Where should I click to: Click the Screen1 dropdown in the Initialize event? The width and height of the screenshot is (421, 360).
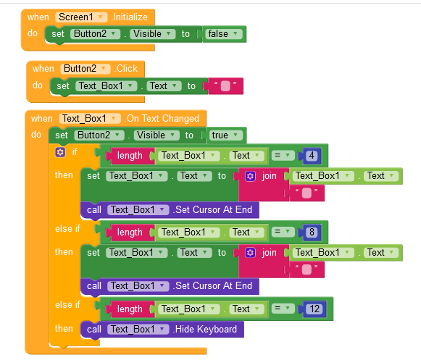(81, 17)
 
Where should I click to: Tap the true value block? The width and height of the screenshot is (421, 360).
(225, 135)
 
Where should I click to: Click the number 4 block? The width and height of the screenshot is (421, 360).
(312, 156)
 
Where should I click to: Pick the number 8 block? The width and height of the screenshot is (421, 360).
(312, 233)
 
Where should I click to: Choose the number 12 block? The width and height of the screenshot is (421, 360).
(314, 309)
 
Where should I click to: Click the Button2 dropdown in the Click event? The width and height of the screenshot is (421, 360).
(86, 69)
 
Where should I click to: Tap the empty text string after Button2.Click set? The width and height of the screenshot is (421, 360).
(225, 86)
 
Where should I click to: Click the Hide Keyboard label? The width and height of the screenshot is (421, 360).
(206, 329)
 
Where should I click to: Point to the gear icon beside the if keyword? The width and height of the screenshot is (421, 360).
(60, 153)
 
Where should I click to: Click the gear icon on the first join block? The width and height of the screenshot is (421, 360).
(250, 176)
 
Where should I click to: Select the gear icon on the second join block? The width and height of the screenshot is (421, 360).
(250, 253)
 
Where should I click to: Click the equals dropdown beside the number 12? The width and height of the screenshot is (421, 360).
(283, 309)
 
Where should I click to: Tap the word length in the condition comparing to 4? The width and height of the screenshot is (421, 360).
(130, 156)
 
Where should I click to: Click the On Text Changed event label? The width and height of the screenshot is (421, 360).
(163, 118)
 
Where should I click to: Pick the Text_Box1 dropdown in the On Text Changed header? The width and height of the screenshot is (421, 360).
(90, 118)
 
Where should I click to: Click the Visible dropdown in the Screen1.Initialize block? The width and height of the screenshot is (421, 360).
(153, 34)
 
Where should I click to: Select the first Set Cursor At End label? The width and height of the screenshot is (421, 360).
(213, 209)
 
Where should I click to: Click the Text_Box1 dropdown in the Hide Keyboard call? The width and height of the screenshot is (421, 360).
(138, 329)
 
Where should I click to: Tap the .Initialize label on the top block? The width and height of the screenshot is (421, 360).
(130, 17)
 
